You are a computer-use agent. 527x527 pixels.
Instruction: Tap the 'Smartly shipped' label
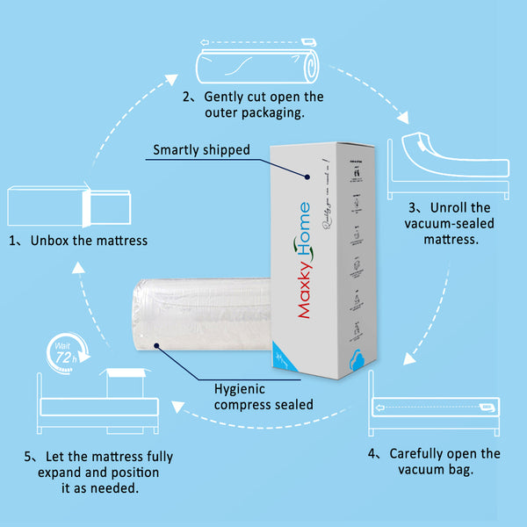tap(201, 149)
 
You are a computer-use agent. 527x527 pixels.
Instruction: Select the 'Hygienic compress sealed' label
tap(264, 396)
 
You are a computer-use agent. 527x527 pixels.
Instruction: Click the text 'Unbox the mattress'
tap(89, 240)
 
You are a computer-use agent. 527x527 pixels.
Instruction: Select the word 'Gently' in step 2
tap(226, 97)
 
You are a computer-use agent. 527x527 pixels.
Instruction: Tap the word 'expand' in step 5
tap(62, 473)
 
